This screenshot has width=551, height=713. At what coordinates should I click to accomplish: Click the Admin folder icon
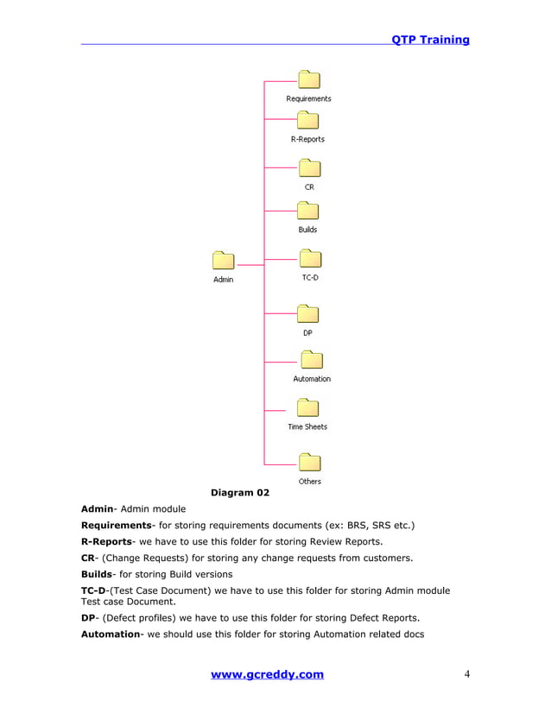(x=223, y=261)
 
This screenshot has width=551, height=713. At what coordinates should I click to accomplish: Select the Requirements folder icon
(x=309, y=80)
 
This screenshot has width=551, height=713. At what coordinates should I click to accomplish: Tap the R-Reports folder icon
(x=307, y=121)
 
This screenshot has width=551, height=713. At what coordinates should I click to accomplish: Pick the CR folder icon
(x=309, y=167)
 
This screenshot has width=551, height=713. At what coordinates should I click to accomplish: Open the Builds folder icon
(x=308, y=211)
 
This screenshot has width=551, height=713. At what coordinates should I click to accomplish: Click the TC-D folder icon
(x=309, y=259)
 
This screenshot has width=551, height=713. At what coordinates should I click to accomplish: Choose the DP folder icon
(x=307, y=313)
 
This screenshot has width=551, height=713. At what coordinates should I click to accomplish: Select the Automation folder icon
(x=311, y=360)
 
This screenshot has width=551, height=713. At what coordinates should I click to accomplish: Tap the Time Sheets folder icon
(x=307, y=408)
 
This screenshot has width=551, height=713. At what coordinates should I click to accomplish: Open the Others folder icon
(x=309, y=463)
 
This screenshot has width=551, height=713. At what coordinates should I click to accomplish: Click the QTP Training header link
(x=430, y=40)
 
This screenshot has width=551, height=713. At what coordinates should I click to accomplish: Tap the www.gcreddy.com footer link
(x=268, y=674)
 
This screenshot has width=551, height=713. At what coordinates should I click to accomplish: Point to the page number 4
(x=466, y=674)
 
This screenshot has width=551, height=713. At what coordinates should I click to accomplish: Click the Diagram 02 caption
(x=240, y=493)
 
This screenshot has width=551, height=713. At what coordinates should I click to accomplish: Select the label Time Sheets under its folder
(x=307, y=426)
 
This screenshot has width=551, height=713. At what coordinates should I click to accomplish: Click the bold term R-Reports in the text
(x=106, y=541)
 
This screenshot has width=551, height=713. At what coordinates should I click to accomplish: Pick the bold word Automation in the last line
(x=111, y=634)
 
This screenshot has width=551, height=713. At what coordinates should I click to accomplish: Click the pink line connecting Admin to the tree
(x=250, y=264)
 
